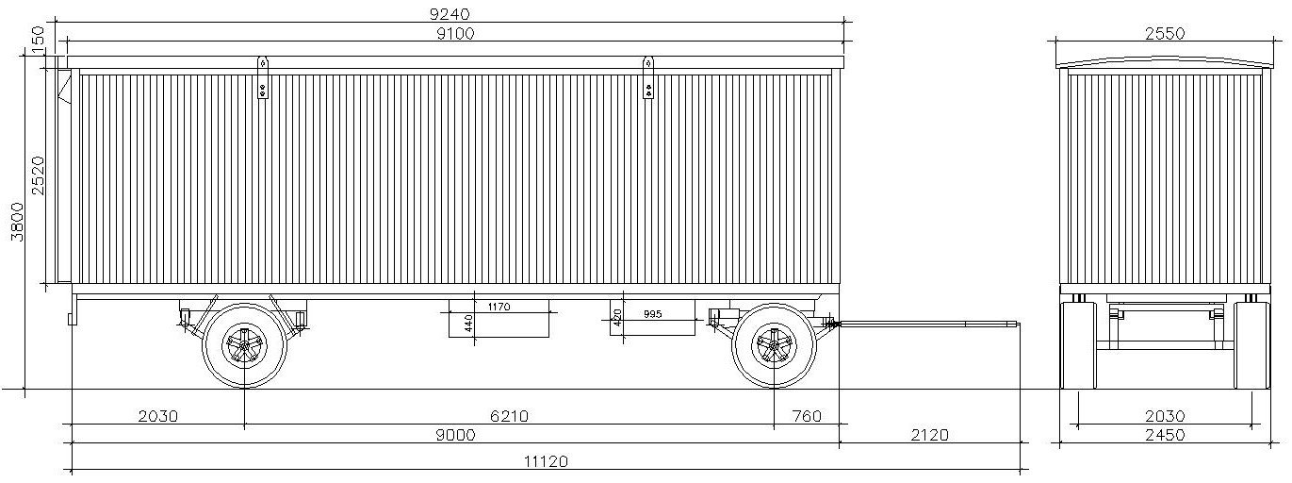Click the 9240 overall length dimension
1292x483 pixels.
[454, 13]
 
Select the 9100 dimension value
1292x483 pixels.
[455, 33]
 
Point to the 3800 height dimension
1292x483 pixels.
[19, 222]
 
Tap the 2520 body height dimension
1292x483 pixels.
[38, 175]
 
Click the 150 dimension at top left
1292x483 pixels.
[38, 40]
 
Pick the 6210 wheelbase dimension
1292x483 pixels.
[509, 416]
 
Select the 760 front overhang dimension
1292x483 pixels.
[807, 416]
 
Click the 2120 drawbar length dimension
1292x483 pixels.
[929, 435]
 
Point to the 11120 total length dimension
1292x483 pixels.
[546, 461]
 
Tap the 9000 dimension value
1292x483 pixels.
[456, 435]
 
